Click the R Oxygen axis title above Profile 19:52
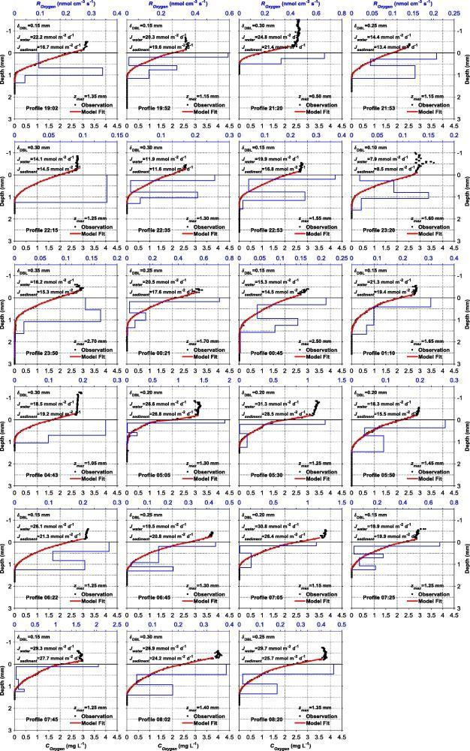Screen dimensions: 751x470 point(177,5)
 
